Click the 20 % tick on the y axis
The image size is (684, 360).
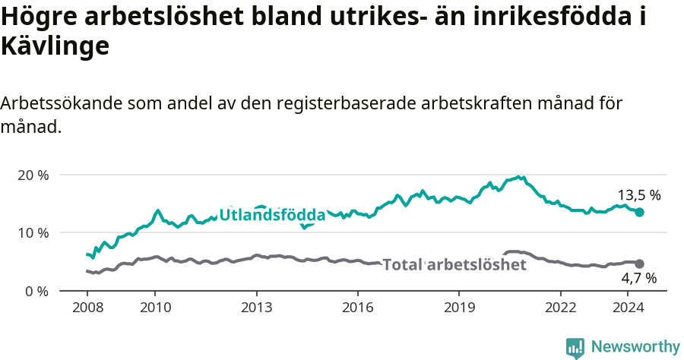[x=33, y=175]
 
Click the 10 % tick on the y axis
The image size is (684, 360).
[x=33, y=232]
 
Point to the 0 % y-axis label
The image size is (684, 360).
[x=36, y=291]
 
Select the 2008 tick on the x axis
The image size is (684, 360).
[x=87, y=308]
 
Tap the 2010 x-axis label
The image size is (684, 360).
[x=154, y=308]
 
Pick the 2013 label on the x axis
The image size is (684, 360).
[x=256, y=308]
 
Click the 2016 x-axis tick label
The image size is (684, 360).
[x=357, y=308]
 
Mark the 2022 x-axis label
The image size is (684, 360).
[x=560, y=308]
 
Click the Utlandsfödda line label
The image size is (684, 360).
[x=272, y=216]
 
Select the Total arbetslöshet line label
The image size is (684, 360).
[x=454, y=264]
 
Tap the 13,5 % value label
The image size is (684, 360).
[x=638, y=195]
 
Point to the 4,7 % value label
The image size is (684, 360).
[x=638, y=279]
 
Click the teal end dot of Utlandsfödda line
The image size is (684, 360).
[x=639, y=213]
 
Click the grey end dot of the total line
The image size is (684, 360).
[x=639, y=264]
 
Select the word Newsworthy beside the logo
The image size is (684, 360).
[x=635, y=347]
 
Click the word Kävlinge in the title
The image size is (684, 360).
[x=55, y=46]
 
